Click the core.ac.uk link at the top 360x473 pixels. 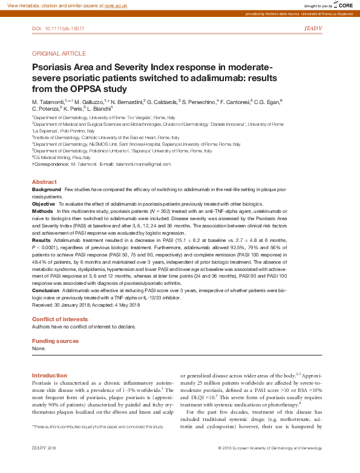point(116,5)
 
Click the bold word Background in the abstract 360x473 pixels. point(47,189)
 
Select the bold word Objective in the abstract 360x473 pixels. point(43,204)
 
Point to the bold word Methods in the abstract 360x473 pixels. point(42,211)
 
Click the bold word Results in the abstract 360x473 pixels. point(41,240)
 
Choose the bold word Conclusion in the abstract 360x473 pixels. point(45,291)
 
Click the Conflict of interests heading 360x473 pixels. point(59,319)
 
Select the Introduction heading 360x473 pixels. point(49,376)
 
